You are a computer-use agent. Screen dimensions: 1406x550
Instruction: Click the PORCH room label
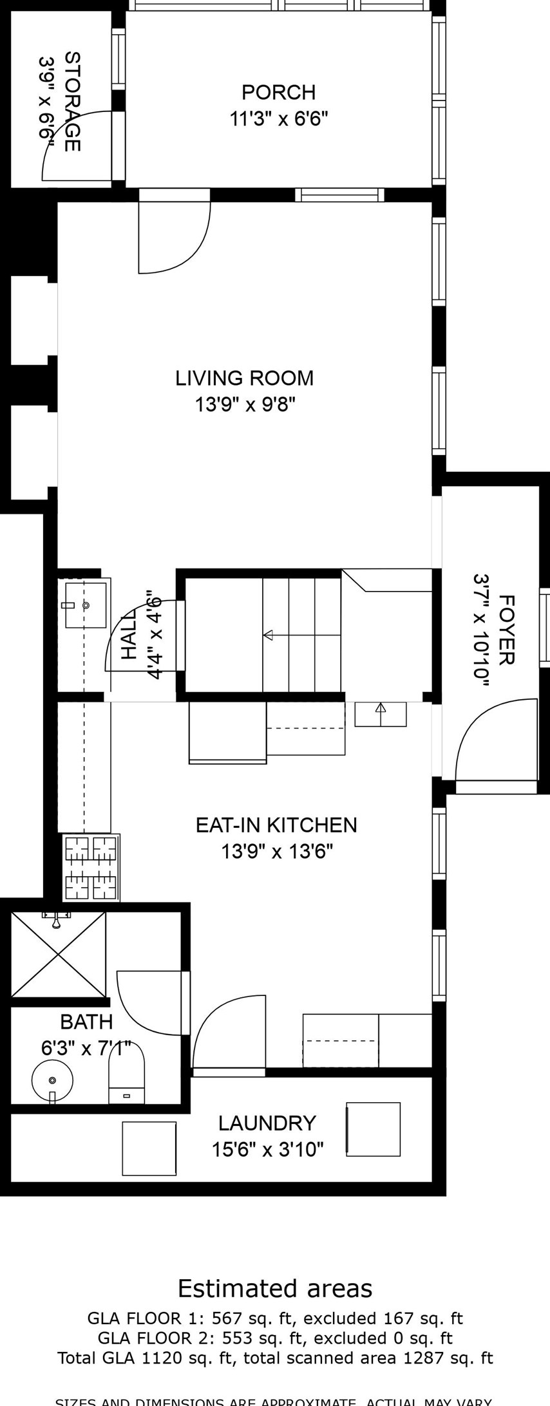click(278, 93)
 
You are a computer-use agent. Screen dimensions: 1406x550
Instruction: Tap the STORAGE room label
click(73, 102)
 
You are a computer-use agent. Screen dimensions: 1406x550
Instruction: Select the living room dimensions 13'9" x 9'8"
click(245, 405)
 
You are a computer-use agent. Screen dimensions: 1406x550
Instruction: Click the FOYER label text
click(507, 630)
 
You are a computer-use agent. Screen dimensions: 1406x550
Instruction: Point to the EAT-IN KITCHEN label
click(276, 825)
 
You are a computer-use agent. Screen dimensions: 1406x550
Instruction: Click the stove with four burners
click(91, 867)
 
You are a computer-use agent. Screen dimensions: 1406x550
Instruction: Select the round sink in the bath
click(52, 1080)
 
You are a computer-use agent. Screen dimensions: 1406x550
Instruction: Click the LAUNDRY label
click(267, 1123)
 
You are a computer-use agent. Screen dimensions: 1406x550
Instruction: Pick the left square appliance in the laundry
click(149, 1148)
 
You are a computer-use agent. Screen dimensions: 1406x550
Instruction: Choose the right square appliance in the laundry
click(374, 1129)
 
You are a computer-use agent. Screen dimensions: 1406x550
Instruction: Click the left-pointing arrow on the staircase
click(268, 635)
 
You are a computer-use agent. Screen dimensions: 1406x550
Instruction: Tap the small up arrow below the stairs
click(381, 708)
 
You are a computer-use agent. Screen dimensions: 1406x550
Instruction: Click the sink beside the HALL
click(85, 605)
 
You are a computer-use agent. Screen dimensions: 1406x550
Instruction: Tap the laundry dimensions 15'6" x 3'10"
click(267, 1149)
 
